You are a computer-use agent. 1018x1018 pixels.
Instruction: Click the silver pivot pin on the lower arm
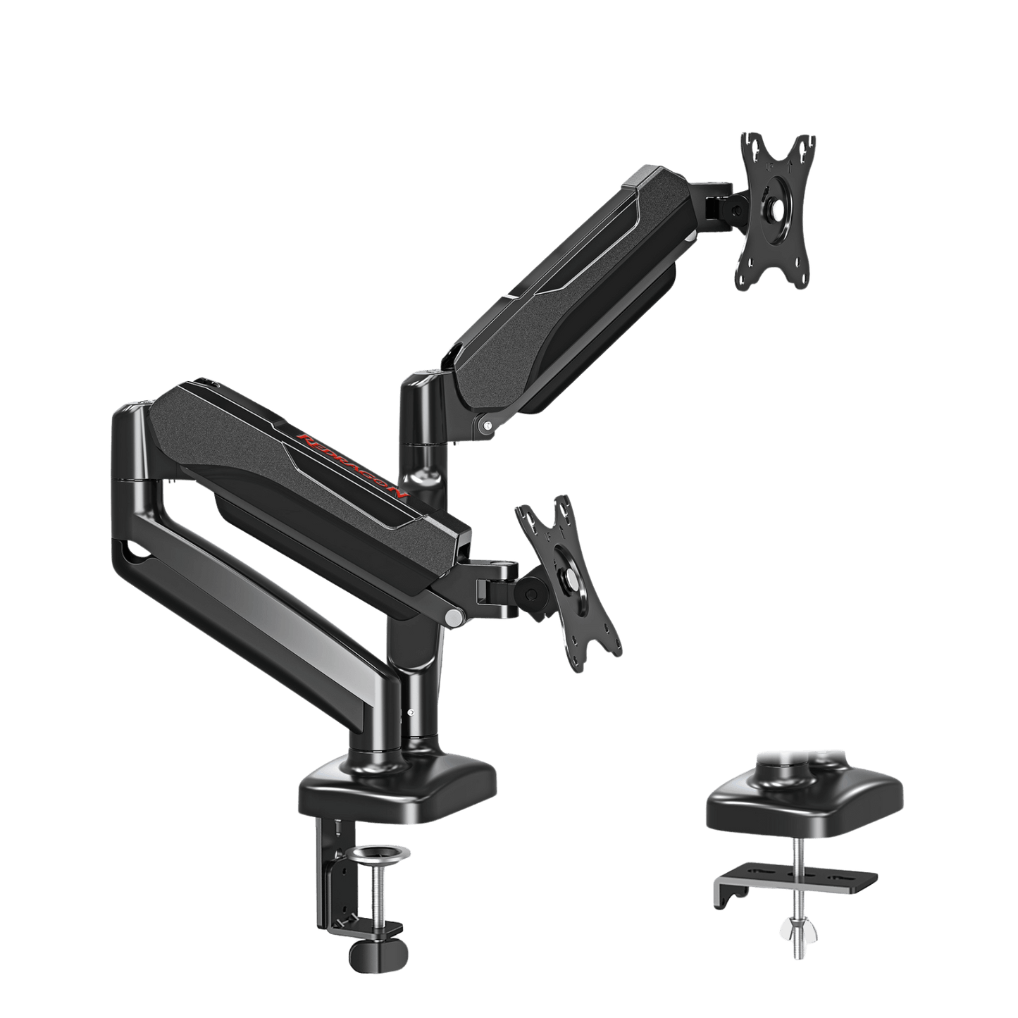coord(454,618)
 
